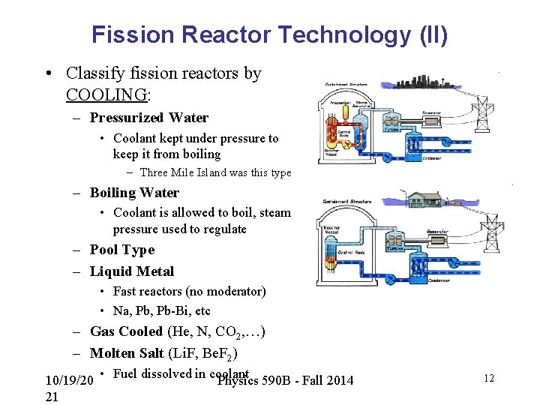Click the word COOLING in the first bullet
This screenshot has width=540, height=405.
click(x=107, y=95)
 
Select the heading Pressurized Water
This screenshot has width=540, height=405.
click(x=149, y=118)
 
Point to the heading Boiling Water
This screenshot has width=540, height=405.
click(x=134, y=193)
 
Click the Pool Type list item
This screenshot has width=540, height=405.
click(x=121, y=250)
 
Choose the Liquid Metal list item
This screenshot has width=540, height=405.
click(x=131, y=271)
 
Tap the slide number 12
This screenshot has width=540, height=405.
click(x=489, y=379)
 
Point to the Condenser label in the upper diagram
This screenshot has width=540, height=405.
click(x=431, y=157)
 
